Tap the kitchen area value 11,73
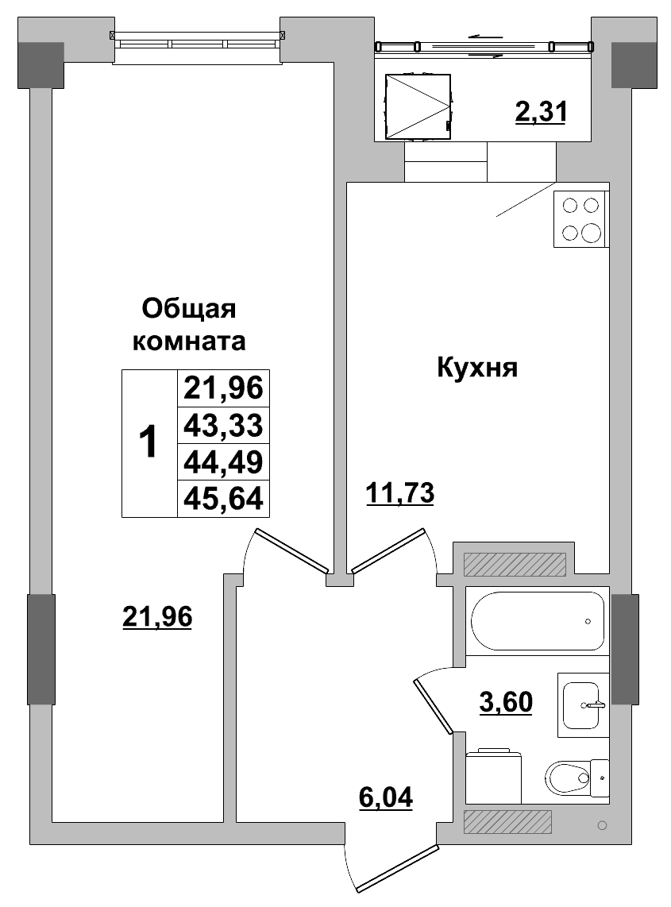[x=400, y=493]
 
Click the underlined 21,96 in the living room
[x=158, y=616]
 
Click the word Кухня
[x=476, y=368]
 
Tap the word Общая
[x=189, y=307]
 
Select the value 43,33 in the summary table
[x=222, y=426]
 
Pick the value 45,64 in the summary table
[x=222, y=499]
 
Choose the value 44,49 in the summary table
[x=222, y=462]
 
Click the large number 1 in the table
[x=148, y=443]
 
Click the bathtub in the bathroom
[x=537, y=621]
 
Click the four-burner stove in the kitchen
[x=580, y=219]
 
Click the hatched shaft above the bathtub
[x=514, y=564]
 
